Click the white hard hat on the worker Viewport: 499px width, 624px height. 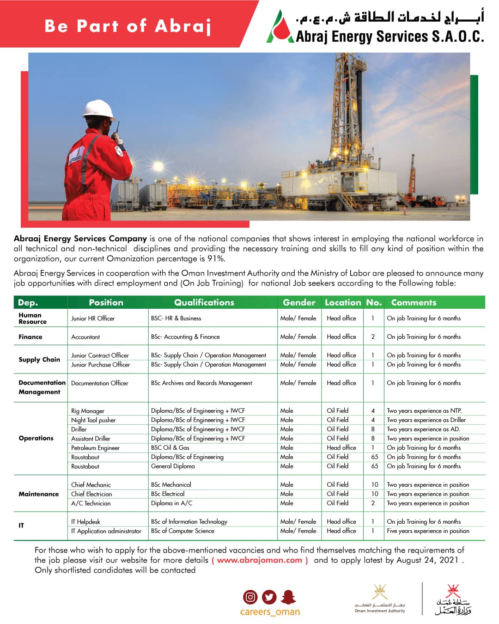[x=98, y=109]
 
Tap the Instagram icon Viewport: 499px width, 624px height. [x=250, y=597]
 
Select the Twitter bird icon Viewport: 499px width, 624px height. [x=269, y=597]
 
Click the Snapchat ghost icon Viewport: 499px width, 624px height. [x=288, y=597]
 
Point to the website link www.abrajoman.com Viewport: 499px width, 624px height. [x=260, y=560]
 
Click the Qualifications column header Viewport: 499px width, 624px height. [x=204, y=302]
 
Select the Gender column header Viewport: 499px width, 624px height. [x=299, y=302]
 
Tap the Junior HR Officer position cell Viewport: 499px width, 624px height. [x=93, y=318]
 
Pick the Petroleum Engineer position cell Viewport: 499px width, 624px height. [x=95, y=448]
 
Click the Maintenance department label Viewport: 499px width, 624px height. [x=39, y=494]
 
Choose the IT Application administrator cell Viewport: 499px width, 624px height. [x=106, y=531]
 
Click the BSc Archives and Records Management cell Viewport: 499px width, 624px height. [x=201, y=383]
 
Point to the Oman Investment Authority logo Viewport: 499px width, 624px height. [x=380, y=599]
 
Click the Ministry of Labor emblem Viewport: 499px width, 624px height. [x=452, y=600]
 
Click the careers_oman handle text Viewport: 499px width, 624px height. [x=270, y=612]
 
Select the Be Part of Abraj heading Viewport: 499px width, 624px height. [x=128, y=25]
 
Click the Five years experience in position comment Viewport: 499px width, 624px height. [x=428, y=531]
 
